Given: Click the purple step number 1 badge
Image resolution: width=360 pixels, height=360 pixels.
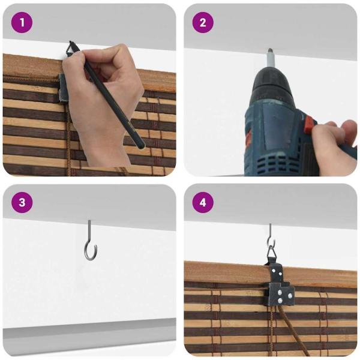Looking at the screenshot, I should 22,23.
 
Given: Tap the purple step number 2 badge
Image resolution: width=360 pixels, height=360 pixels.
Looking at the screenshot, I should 203,23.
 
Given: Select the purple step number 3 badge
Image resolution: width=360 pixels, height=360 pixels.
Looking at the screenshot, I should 22,202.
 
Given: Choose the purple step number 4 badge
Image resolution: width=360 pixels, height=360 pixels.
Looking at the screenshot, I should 203,202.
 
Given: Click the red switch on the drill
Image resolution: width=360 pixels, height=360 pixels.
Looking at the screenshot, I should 308,126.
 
